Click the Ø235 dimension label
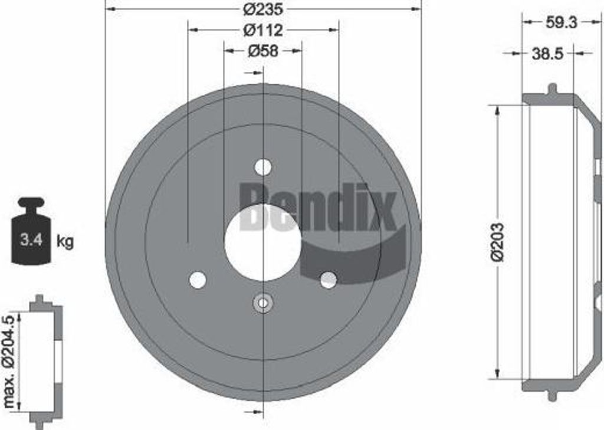(x=263, y=9)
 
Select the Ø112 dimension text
(x=263, y=29)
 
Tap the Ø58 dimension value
(x=263, y=51)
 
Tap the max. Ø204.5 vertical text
(x=9, y=360)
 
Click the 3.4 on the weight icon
(x=30, y=240)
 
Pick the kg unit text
(x=65, y=241)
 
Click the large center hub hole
(x=263, y=242)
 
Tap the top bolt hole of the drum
(x=263, y=167)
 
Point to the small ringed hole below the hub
(x=263, y=304)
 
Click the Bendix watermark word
(x=319, y=206)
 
